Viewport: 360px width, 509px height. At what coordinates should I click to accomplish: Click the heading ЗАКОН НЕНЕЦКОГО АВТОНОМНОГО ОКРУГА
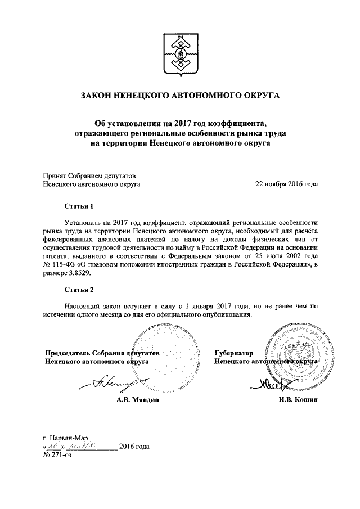click(181, 96)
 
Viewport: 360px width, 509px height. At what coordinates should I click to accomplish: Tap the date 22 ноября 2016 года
click(286, 183)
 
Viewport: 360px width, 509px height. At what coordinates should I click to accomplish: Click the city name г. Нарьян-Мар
click(66, 437)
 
